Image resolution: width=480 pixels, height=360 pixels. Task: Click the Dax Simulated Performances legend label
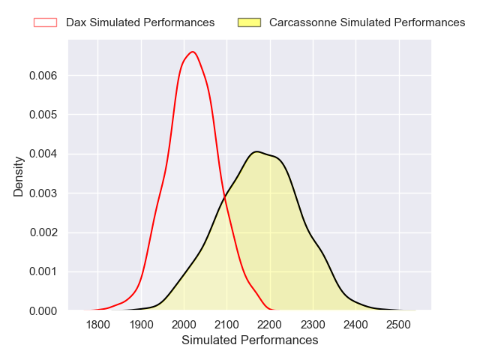[140, 22]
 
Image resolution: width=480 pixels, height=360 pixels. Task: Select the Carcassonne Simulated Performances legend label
[367, 22]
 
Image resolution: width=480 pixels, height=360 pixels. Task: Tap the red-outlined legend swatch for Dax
[45, 22]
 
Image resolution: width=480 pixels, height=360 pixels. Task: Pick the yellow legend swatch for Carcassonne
[249, 22]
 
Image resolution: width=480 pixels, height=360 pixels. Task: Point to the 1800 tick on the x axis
[98, 325]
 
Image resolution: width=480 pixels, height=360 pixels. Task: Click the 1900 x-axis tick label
[141, 325]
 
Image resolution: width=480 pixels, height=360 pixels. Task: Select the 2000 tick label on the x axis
[184, 325]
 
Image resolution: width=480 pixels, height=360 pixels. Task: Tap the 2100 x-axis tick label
[227, 325]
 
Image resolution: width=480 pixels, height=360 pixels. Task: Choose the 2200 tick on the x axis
[270, 325]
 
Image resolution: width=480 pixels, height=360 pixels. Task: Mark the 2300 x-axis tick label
[313, 325]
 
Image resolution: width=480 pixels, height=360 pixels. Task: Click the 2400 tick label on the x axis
[356, 325]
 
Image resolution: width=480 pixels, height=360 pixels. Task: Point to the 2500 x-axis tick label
[399, 325]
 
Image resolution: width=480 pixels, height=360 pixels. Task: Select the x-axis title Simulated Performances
[250, 340]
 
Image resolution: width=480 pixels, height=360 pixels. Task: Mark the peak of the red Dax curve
[193, 52]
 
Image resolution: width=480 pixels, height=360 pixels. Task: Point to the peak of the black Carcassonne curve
[256, 151]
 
